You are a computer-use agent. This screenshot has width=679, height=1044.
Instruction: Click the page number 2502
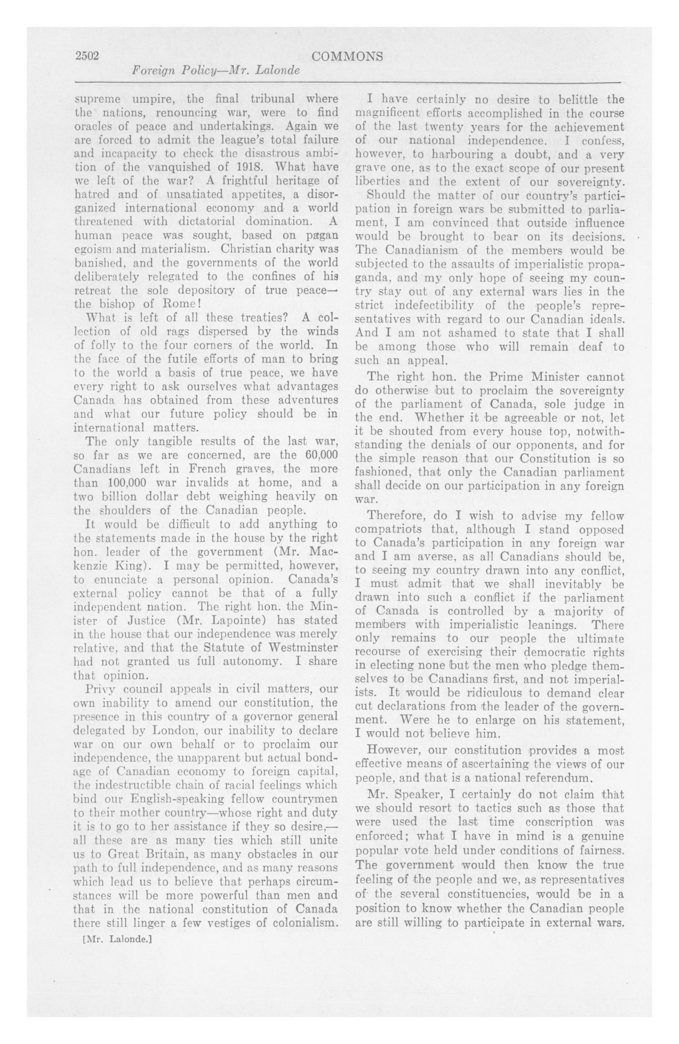pyautogui.click(x=88, y=57)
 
